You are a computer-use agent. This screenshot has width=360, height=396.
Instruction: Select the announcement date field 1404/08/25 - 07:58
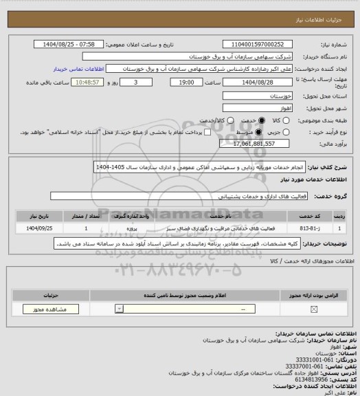point(69,43)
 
